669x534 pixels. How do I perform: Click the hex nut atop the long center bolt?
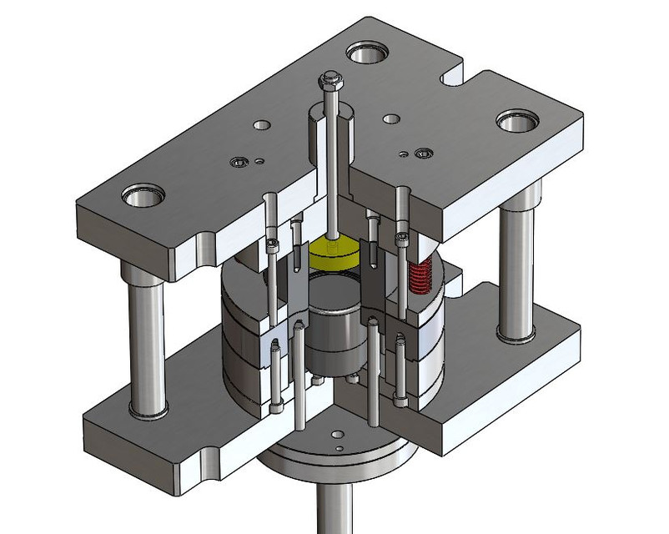coord(329,79)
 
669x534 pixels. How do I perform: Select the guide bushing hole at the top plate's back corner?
coord(366,55)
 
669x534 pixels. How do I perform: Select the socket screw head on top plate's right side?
coord(423,154)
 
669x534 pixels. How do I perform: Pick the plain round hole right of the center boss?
coord(390,118)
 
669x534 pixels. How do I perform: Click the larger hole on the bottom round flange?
coord(337,434)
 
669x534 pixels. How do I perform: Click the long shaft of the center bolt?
coord(331,167)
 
